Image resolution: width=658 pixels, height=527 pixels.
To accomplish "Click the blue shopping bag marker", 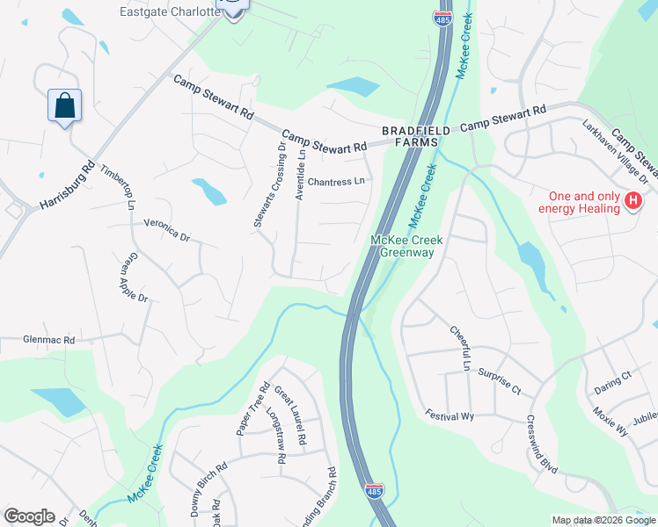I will (x=65, y=106).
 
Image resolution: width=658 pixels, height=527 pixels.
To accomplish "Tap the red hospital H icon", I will (x=632, y=203).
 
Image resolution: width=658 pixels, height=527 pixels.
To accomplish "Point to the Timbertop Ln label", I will (x=117, y=187).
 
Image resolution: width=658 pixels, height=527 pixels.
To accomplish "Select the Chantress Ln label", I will (x=335, y=182).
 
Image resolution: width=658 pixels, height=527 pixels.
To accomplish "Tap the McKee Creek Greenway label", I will (x=406, y=246).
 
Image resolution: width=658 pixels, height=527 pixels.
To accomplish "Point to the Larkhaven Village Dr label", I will (x=615, y=151).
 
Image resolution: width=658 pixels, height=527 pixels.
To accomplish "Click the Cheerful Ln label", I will (x=461, y=346).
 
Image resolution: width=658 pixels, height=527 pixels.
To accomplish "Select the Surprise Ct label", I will (x=500, y=379).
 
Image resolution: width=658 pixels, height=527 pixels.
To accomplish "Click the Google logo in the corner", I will (x=29, y=516).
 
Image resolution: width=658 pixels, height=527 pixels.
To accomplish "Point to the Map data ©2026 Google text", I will (x=603, y=520).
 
